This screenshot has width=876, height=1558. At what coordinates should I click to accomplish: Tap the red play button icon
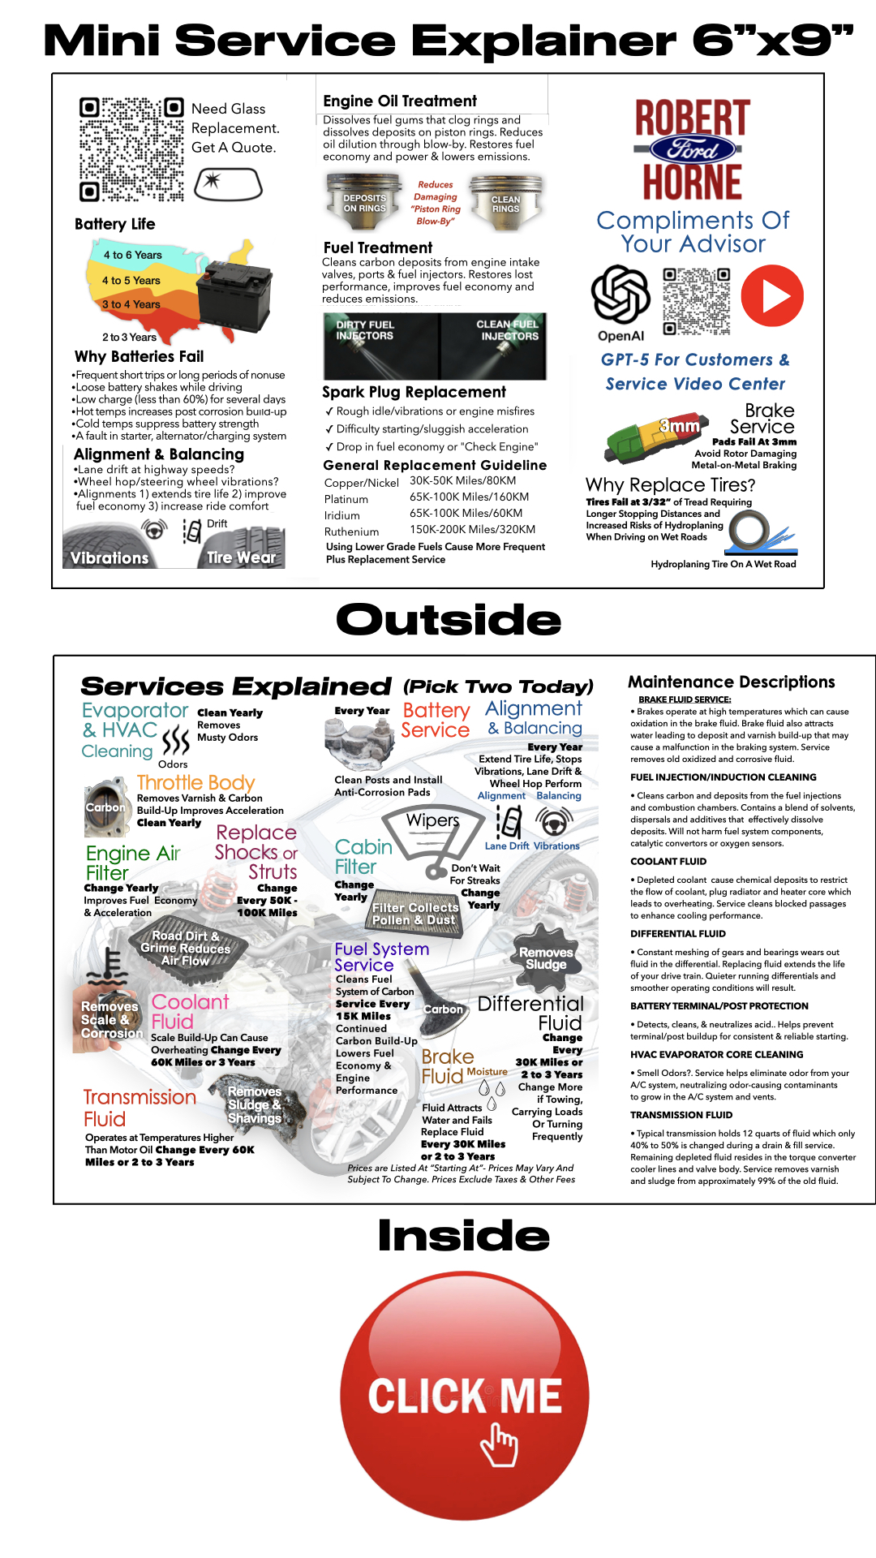pyautogui.click(x=771, y=296)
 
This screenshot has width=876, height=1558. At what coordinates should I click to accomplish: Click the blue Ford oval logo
pyautogui.click(x=693, y=149)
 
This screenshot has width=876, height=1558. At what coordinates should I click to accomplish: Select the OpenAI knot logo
pyautogui.click(x=620, y=294)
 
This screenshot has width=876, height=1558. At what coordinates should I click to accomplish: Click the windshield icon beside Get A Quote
pyautogui.click(x=229, y=183)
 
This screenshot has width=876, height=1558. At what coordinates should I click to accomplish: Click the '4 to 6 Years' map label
pyautogui.click(x=133, y=255)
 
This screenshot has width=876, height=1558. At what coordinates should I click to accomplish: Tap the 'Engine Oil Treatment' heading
pyautogui.click(x=400, y=101)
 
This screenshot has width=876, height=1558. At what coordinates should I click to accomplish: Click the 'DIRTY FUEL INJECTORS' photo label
pyautogui.click(x=365, y=330)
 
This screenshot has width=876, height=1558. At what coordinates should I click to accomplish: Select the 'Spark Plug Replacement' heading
pyautogui.click(x=414, y=392)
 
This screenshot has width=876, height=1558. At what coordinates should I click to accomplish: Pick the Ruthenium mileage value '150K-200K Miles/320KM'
pyautogui.click(x=472, y=529)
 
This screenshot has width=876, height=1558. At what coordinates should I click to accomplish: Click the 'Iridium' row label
pyautogui.click(x=341, y=515)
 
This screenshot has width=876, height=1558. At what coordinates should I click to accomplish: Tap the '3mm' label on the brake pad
pyautogui.click(x=679, y=426)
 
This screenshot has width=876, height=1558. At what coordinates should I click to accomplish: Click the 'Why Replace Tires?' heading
pyautogui.click(x=670, y=485)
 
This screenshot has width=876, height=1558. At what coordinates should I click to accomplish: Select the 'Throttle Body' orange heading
pyautogui.click(x=195, y=782)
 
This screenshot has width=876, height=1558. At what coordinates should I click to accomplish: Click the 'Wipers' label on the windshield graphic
pyautogui.click(x=432, y=820)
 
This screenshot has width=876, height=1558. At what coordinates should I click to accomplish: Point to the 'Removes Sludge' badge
pyautogui.click(x=546, y=958)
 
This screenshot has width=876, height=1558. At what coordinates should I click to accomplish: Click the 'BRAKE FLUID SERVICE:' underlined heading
pyautogui.click(x=684, y=699)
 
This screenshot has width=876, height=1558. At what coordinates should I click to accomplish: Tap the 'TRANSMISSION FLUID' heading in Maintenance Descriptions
pyautogui.click(x=681, y=1115)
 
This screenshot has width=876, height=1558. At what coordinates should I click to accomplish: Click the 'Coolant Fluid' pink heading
pyautogui.click(x=190, y=1012)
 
